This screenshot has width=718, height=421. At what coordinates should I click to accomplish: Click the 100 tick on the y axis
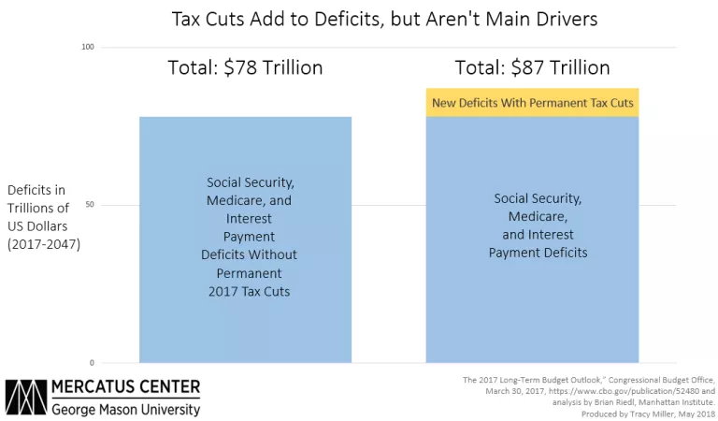tap(90, 47)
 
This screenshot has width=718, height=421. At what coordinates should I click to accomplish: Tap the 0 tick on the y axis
tap(92, 362)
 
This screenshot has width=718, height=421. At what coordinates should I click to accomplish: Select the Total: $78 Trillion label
tap(245, 68)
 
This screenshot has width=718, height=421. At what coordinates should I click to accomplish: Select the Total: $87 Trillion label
tap(532, 68)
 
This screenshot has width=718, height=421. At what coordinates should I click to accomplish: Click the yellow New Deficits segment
tap(532, 103)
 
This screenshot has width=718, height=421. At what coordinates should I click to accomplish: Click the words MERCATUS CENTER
tap(125, 387)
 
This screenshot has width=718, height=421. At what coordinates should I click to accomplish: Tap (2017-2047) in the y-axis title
tap(43, 244)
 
